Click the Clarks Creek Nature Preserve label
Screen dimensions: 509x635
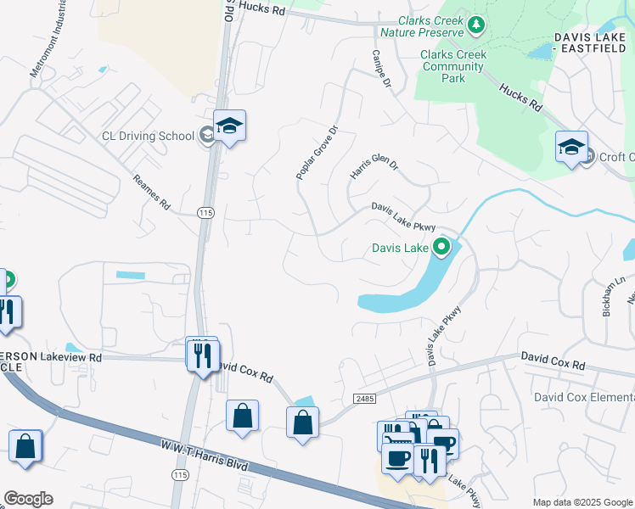(421, 26)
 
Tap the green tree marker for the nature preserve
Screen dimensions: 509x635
(476, 25)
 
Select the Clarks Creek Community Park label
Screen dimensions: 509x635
(453, 66)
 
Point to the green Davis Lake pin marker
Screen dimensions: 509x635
(441, 248)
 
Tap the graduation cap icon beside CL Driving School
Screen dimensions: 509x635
(229, 126)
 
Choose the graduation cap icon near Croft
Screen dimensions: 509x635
(572, 147)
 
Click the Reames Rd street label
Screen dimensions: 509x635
(153, 193)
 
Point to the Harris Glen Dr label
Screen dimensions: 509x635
(374, 165)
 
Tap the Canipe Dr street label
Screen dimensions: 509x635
(380, 69)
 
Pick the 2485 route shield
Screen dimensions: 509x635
(364, 398)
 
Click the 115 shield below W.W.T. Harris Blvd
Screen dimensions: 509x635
(180, 476)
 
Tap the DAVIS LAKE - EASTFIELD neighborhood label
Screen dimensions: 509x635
(593, 43)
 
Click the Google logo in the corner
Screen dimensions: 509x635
(28, 499)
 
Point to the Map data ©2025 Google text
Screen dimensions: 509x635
(582, 502)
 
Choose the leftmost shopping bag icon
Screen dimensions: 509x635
(25, 447)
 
